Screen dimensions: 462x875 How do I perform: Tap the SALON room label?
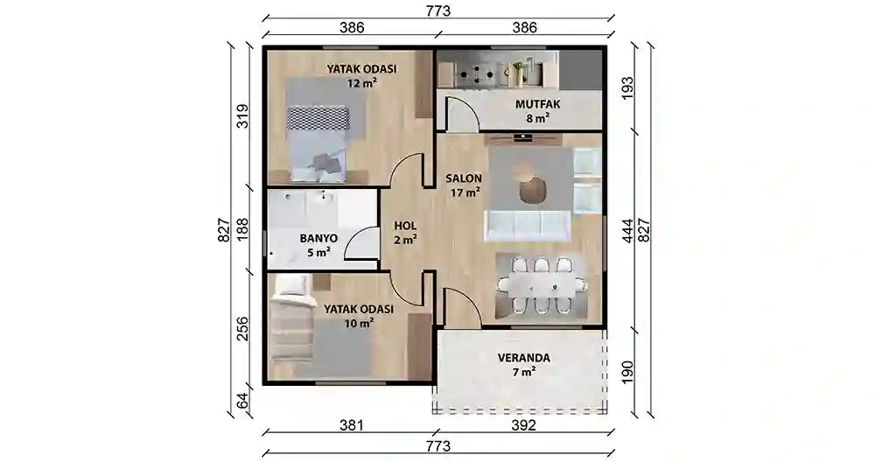coord(465,178)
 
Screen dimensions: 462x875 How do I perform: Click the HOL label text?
coord(404,224)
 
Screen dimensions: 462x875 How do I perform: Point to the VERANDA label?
coord(523,358)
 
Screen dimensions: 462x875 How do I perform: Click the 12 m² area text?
coord(361,84)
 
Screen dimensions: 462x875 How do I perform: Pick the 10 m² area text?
coord(359,323)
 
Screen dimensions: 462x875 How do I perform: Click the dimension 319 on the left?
coord(243,115)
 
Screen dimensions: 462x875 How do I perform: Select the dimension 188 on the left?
coord(243,228)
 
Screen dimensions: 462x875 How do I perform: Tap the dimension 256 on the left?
coord(243,328)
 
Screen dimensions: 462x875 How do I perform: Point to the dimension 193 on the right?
coord(626,88)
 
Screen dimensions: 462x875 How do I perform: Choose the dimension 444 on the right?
coord(626,230)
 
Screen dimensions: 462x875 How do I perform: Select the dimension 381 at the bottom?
coord(350,425)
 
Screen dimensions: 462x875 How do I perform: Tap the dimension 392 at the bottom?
coord(522,425)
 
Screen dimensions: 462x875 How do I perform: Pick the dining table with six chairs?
coord(541,285)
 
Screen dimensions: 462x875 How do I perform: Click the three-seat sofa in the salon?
coord(528,225)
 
